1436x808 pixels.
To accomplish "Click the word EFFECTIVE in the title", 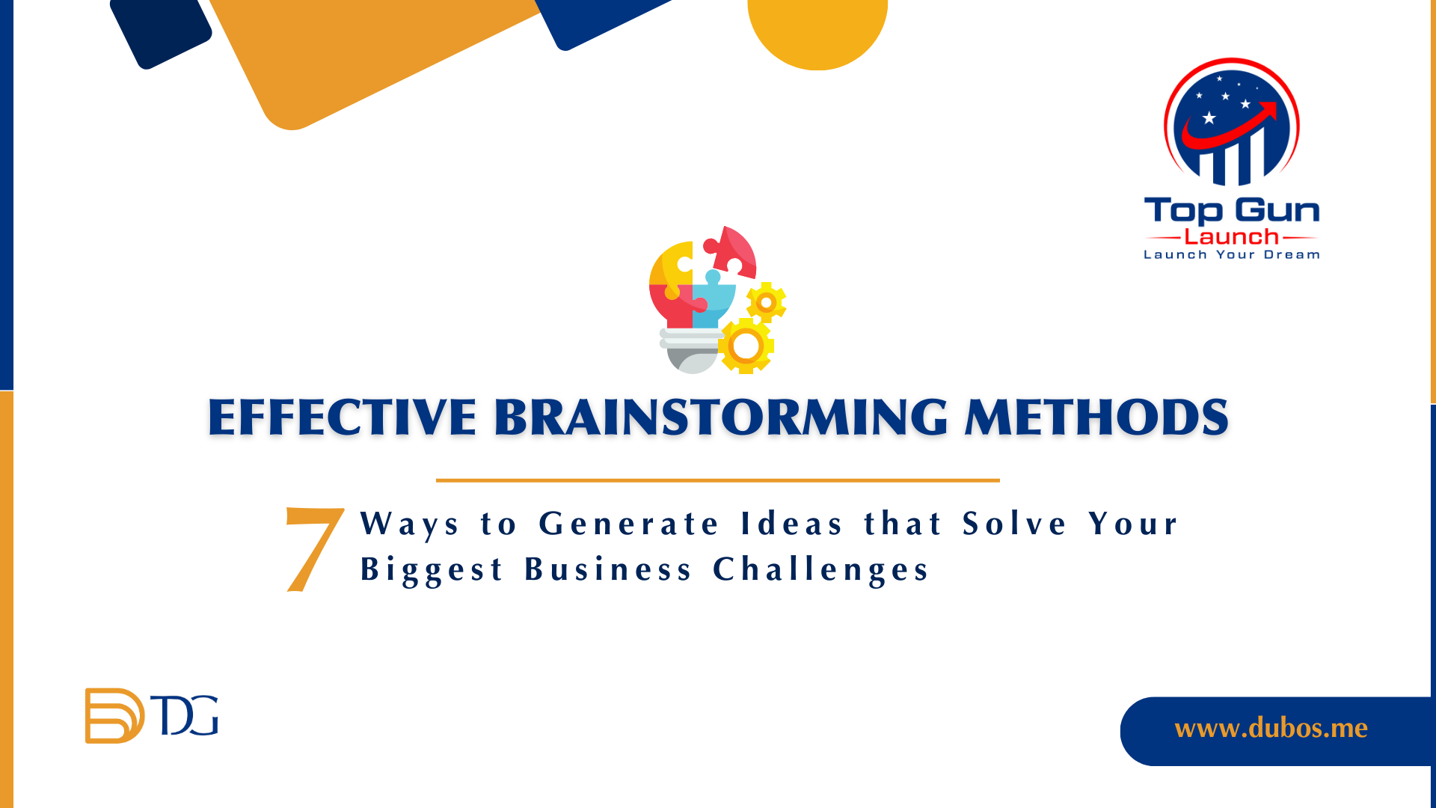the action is (x=342, y=417).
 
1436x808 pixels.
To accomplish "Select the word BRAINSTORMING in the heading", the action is (x=721, y=417).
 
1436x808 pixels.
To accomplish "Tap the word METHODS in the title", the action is (x=1096, y=417).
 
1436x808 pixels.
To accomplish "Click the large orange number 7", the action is (x=315, y=550).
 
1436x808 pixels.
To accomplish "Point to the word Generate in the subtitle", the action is (x=628, y=523).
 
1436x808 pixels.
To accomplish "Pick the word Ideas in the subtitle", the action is (x=792, y=523).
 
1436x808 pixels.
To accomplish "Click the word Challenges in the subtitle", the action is (x=820, y=570).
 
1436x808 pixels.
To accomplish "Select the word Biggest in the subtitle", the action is (x=432, y=570).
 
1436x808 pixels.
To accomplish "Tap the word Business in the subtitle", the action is (x=608, y=569).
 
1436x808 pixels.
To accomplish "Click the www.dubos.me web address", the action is (x=1271, y=728).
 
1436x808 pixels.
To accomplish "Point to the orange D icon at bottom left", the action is (x=114, y=716).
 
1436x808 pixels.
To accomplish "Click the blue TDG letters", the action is (x=185, y=715).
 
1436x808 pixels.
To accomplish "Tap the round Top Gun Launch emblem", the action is (x=1232, y=122).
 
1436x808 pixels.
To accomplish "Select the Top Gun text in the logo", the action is (x=1232, y=212).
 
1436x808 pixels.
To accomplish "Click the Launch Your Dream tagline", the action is (x=1232, y=255).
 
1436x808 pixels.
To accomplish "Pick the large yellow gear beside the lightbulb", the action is (x=746, y=346).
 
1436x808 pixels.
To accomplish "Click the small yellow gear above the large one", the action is (x=766, y=303).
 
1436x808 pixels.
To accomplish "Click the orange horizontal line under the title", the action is (x=718, y=480).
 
